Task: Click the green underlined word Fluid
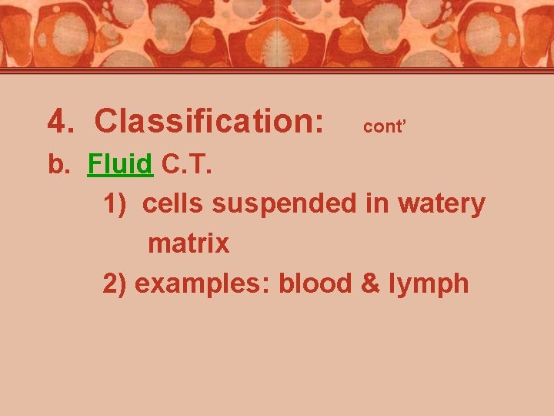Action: tap(121, 164)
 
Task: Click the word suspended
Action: tap(277, 204)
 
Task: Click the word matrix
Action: tap(189, 244)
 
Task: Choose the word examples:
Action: tap(203, 284)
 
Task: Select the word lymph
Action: tap(428, 284)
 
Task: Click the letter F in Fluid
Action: tap(94, 164)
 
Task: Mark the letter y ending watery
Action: tap(479, 206)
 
